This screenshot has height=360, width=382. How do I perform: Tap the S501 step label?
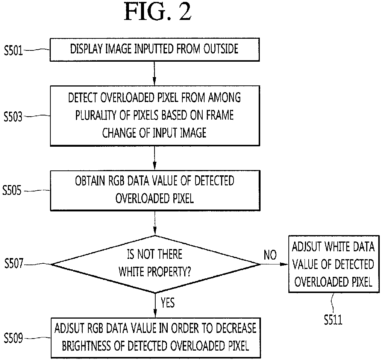click(x=14, y=51)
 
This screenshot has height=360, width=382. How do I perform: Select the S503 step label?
click(x=13, y=117)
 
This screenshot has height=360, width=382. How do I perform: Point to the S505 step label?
click(x=12, y=190)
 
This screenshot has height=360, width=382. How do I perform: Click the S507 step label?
click(x=14, y=264)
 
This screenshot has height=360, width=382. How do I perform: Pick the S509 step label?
click(x=14, y=338)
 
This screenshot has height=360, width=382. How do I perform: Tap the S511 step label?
click(x=333, y=320)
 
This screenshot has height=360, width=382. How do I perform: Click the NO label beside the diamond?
click(x=270, y=255)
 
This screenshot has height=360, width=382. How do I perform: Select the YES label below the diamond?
click(x=168, y=303)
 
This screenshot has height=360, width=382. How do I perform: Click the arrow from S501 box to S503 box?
click(x=155, y=73)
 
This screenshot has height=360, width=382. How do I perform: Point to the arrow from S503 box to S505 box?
click(x=155, y=158)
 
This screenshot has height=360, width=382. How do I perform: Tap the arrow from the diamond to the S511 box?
click(x=274, y=264)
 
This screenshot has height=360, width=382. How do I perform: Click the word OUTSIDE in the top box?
click(x=221, y=49)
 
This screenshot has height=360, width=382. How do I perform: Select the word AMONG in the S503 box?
click(x=224, y=97)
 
